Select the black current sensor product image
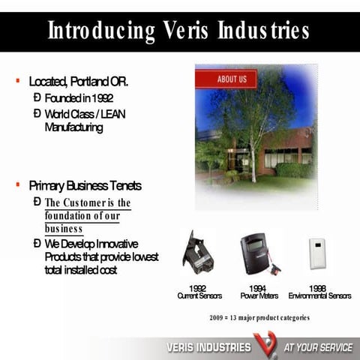[198, 253]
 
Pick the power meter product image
[256, 254]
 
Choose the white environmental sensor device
[318, 253]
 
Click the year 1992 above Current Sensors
[197, 288]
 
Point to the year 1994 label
[259, 288]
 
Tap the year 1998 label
[318, 288]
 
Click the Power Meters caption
[259, 296]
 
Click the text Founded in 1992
[79, 98]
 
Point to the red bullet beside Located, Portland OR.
[17, 80]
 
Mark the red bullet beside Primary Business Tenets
[17, 184]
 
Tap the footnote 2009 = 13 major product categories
[259, 318]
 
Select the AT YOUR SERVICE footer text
[317, 348]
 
